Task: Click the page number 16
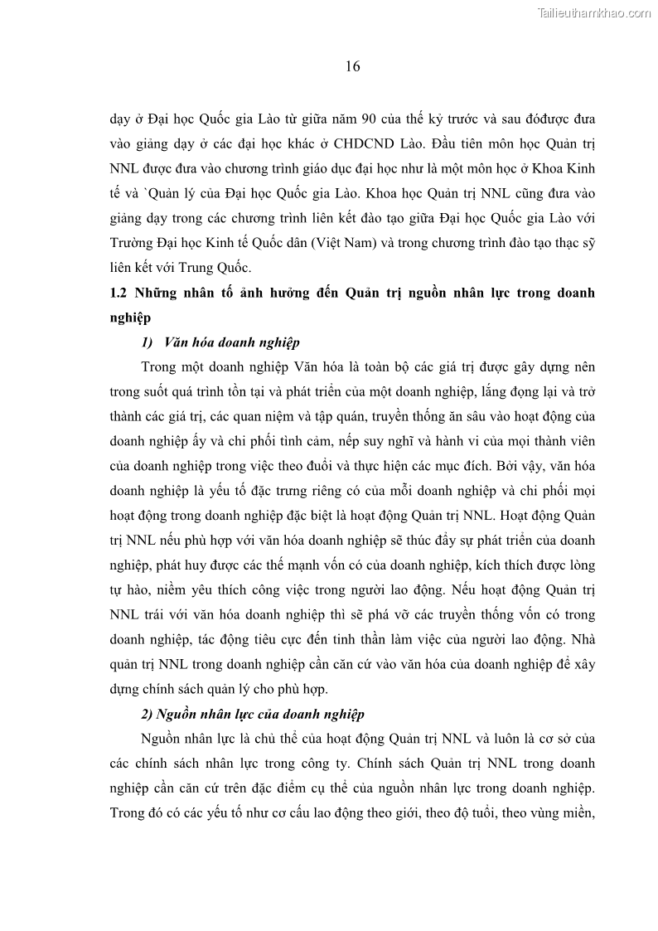(x=352, y=68)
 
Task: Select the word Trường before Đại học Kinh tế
(x=134, y=245)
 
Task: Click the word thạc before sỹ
(x=555, y=245)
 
